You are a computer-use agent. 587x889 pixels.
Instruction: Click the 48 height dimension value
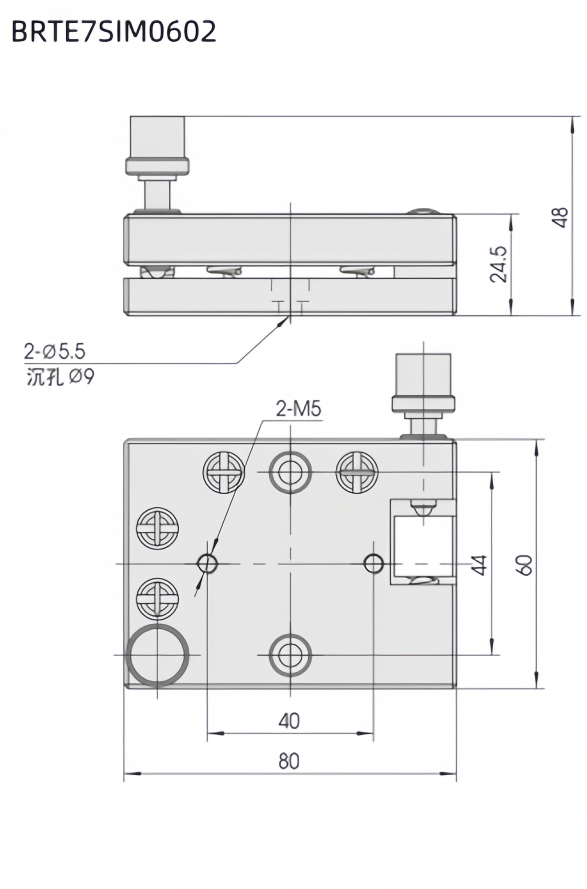coord(562,217)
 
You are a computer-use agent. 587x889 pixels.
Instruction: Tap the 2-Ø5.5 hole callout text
coord(55,352)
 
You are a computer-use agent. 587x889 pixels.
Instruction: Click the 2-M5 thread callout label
coord(298,408)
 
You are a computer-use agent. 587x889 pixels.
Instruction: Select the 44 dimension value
coord(479,565)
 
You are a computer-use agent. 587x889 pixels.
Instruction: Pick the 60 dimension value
coord(525,565)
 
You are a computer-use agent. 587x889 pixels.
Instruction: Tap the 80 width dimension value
coord(289,761)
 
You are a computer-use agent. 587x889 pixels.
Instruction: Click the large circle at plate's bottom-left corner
coord(157,655)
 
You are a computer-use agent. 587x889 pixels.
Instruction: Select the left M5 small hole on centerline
coord(207,564)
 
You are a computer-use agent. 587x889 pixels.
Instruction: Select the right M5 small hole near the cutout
coord(374,564)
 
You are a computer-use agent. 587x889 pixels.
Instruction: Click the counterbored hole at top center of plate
coord(290,472)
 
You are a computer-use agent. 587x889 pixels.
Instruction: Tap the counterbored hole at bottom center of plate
coord(290,655)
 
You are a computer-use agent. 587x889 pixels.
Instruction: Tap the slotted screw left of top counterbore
coord(224,473)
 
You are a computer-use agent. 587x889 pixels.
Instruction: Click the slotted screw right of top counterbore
coord(357,473)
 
